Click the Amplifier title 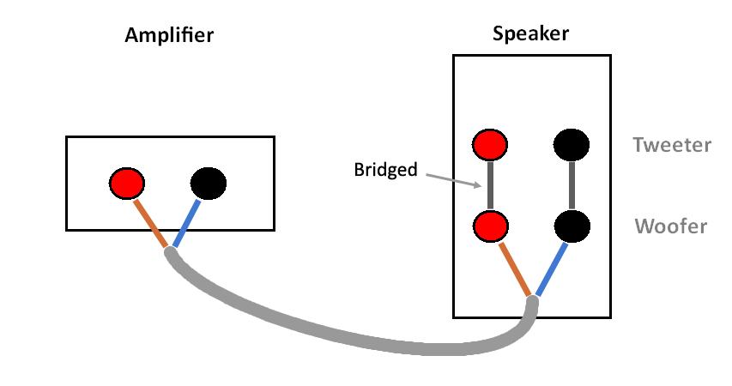click(x=169, y=35)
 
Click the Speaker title click(x=530, y=33)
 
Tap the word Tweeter click(x=672, y=145)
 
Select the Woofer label click(x=671, y=226)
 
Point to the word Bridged click(x=385, y=170)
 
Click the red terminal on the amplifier click(x=127, y=183)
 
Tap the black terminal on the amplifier click(x=209, y=183)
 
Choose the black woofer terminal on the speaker click(x=572, y=226)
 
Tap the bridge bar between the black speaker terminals click(x=572, y=185)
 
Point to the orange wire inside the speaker click(x=512, y=268)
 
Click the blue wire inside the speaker click(x=551, y=269)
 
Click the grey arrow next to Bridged click(x=451, y=180)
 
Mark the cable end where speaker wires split click(x=532, y=303)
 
